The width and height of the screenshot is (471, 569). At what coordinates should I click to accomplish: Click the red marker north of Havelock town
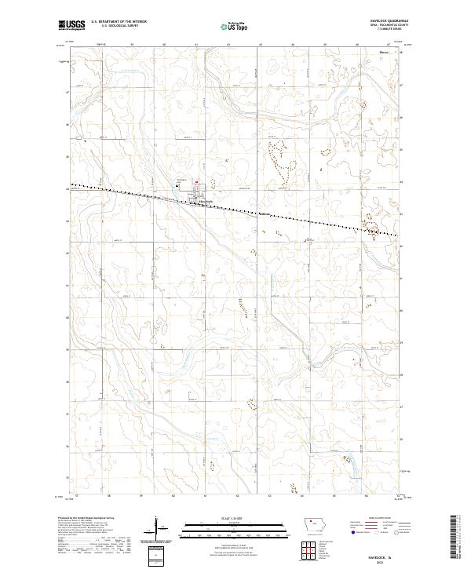pyautogui.click(x=196, y=181)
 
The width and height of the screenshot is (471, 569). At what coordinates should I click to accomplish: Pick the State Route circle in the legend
pyautogui.click(x=396, y=531)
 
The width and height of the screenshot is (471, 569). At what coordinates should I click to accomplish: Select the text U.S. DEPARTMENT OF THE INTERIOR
pyautogui.click(x=119, y=23)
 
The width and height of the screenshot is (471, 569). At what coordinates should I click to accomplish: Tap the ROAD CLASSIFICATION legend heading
pyautogui.click(x=379, y=519)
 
